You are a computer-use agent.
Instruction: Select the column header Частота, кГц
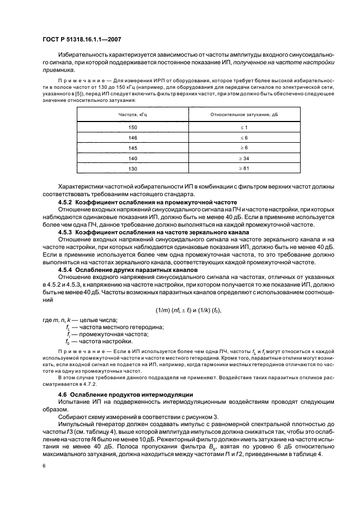click(x=132, y=115)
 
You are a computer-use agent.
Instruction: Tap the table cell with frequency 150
click(x=132, y=127)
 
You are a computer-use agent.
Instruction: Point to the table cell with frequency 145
click(x=132, y=148)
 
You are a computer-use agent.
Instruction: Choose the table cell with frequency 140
click(x=132, y=158)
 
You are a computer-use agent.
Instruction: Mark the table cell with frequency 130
click(x=132, y=168)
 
